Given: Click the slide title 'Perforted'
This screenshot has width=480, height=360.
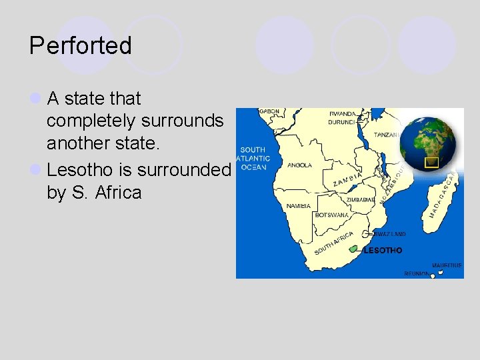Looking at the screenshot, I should click(x=81, y=46).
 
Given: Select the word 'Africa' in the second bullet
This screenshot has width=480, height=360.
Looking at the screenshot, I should click(x=118, y=193).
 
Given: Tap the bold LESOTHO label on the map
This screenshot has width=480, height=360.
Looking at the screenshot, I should click(x=383, y=251).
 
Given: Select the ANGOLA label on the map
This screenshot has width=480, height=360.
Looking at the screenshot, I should click(x=299, y=165).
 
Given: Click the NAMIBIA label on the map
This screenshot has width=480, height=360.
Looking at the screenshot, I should click(x=299, y=206).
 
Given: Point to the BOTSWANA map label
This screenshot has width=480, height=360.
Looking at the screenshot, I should click(x=331, y=215).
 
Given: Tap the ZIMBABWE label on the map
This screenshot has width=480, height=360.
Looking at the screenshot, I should click(x=361, y=200).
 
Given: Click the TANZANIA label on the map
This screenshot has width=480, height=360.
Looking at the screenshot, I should click(x=387, y=135).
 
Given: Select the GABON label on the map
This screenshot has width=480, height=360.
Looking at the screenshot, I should click(x=269, y=111).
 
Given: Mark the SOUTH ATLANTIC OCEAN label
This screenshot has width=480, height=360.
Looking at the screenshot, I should click(x=253, y=159).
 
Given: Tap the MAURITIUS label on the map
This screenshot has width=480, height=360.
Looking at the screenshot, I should click(x=446, y=265).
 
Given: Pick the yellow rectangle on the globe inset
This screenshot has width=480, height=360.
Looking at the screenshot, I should click(x=431, y=161).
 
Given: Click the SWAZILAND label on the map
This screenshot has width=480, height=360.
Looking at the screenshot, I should click(x=389, y=235).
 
